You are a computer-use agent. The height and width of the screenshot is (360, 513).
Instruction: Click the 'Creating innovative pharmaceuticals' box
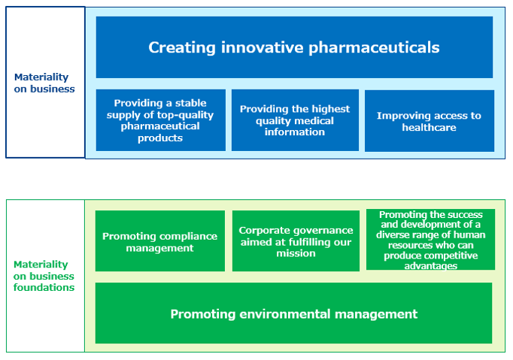(x=294, y=47)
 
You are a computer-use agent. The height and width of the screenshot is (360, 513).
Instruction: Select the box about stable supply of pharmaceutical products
(x=161, y=120)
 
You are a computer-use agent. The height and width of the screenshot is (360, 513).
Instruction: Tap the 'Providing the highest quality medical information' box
(x=295, y=120)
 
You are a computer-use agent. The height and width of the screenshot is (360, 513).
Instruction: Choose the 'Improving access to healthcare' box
(x=430, y=121)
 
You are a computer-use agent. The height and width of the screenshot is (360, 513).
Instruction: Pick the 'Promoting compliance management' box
(x=160, y=241)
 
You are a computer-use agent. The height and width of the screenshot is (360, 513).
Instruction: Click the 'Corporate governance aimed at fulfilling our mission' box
(x=296, y=241)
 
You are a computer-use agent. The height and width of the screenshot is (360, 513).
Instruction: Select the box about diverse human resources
(x=430, y=239)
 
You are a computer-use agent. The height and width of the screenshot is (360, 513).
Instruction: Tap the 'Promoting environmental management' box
(x=293, y=313)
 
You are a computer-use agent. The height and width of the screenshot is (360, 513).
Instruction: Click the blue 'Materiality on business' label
(x=44, y=83)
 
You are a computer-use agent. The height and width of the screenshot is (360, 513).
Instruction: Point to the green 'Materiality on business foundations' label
(x=44, y=276)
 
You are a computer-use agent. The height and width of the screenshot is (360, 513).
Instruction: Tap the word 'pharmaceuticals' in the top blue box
(x=374, y=48)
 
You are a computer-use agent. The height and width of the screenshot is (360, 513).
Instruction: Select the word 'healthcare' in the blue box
(x=429, y=127)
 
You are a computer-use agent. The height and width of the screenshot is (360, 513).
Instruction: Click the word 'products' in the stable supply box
(x=160, y=138)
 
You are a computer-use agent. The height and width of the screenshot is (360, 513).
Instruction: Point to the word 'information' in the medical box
(x=295, y=132)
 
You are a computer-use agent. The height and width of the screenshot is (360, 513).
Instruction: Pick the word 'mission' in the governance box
(x=296, y=253)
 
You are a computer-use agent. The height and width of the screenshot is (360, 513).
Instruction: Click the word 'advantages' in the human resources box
(x=430, y=266)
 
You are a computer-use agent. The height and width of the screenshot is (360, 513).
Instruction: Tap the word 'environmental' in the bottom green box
(x=285, y=314)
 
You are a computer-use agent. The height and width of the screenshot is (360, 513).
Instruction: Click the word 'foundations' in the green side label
(x=44, y=287)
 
